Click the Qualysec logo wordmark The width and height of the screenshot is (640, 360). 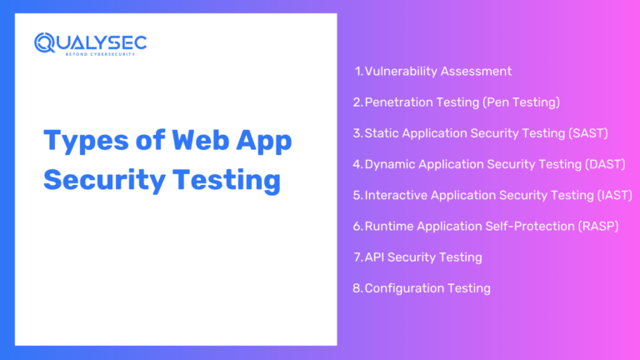(90, 42)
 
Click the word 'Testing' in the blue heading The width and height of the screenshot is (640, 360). (226, 179)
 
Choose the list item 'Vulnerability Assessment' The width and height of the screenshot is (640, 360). (437, 71)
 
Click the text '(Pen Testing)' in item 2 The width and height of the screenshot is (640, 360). (522, 102)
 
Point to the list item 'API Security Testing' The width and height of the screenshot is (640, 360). (423, 257)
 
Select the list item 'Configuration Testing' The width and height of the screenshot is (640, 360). (427, 288)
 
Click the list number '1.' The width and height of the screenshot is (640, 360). (359, 71)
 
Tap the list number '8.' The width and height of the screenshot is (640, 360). (358, 288)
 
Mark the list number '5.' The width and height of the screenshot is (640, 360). (358, 195)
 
